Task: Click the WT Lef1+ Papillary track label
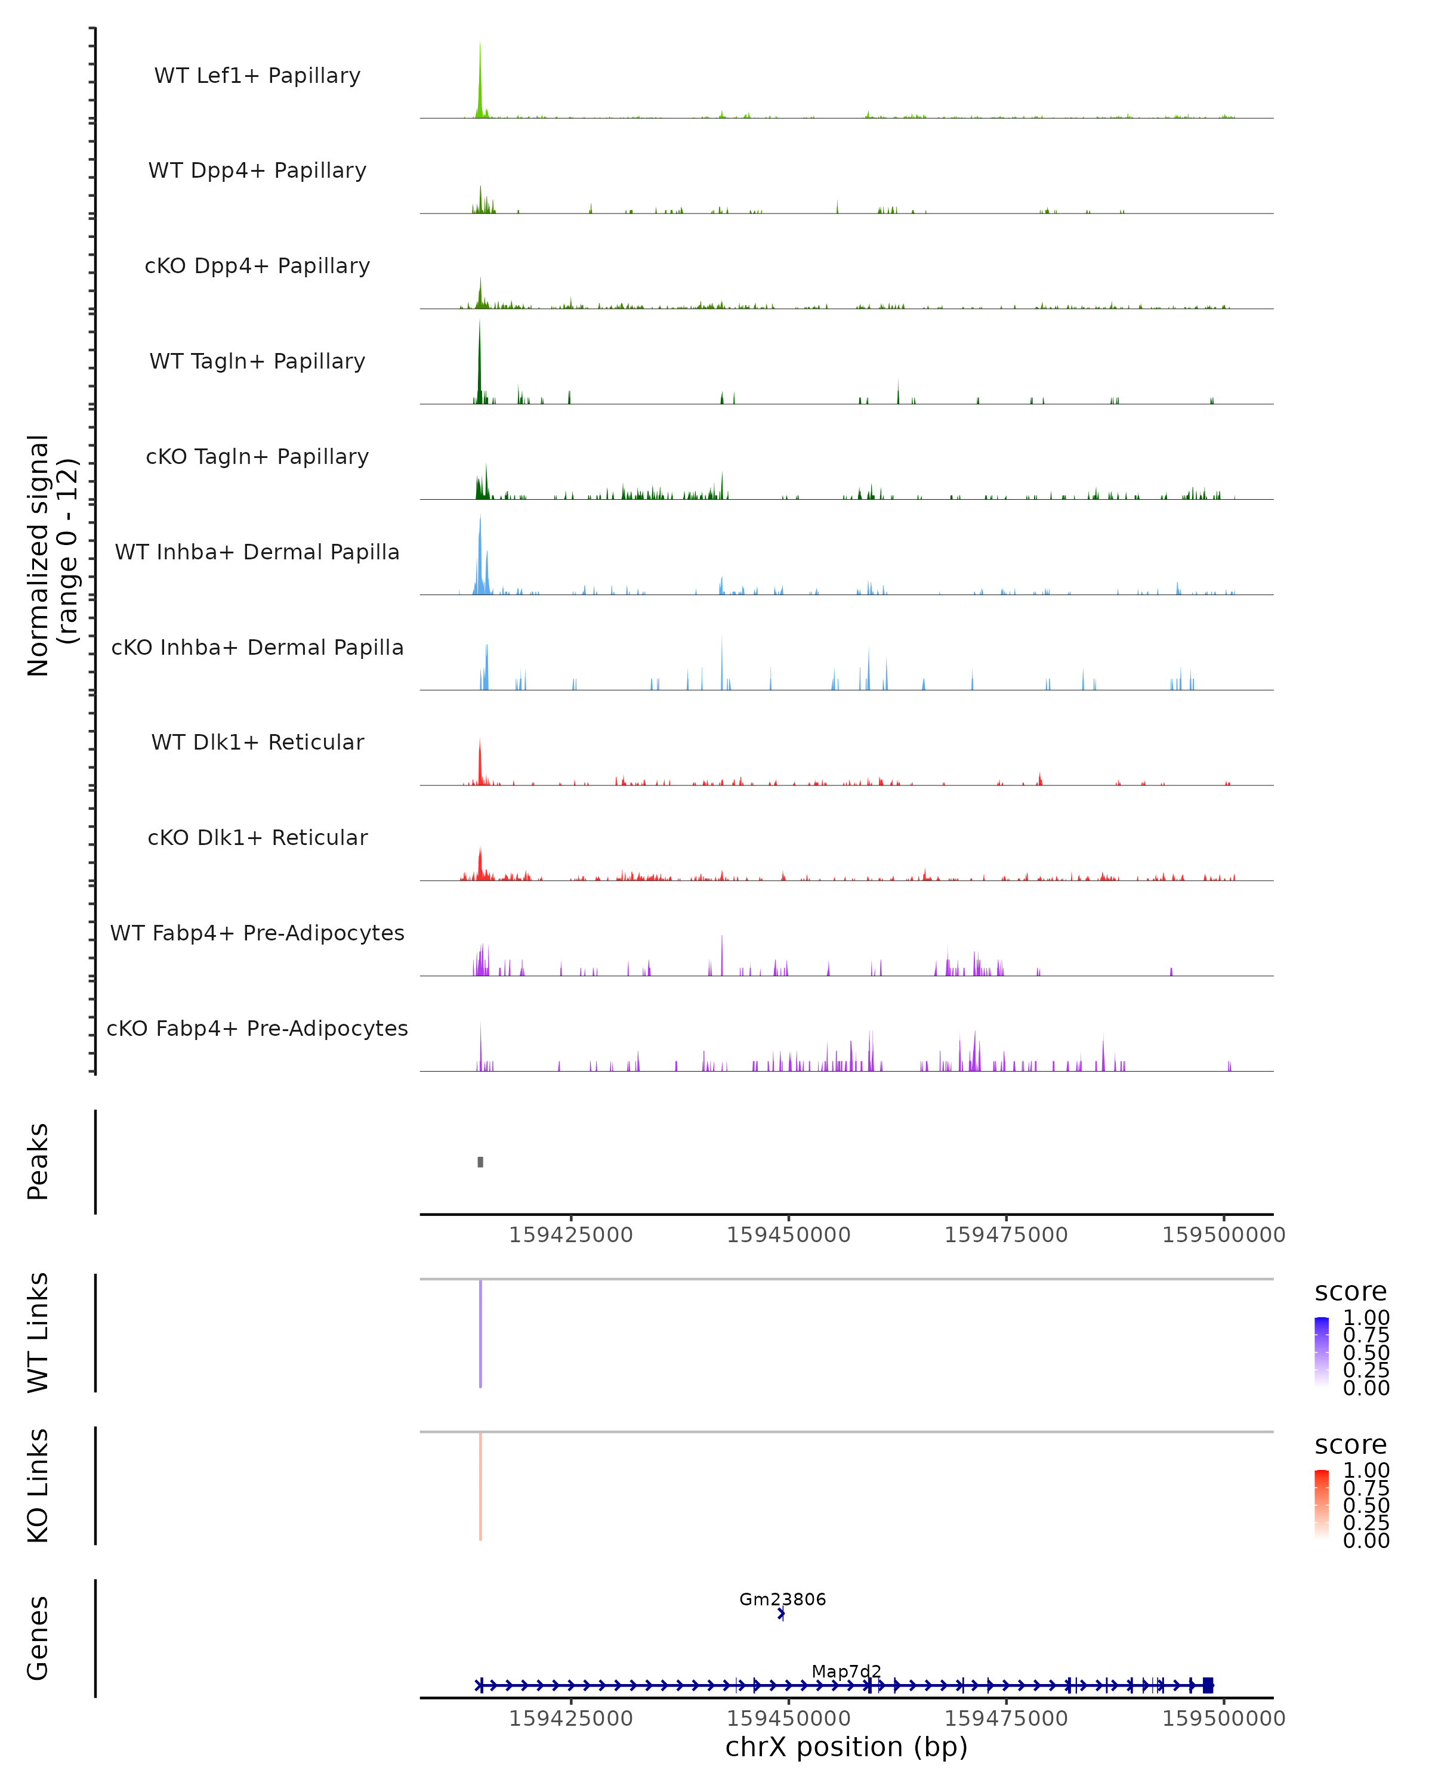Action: pyautogui.click(x=257, y=76)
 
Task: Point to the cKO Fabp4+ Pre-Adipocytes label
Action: pyautogui.click(x=257, y=1028)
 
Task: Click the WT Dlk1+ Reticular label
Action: pyautogui.click(x=257, y=742)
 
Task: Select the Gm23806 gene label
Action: pyautogui.click(x=783, y=1599)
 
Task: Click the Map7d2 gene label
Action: pyautogui.click(x=846, y=1671)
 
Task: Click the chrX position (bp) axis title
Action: pyautogui.click(x=846, y=1747)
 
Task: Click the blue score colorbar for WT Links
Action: pyautogui.click(x=1322, y=1351)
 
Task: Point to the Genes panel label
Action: pyautogui.click(x=38, y=1638)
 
